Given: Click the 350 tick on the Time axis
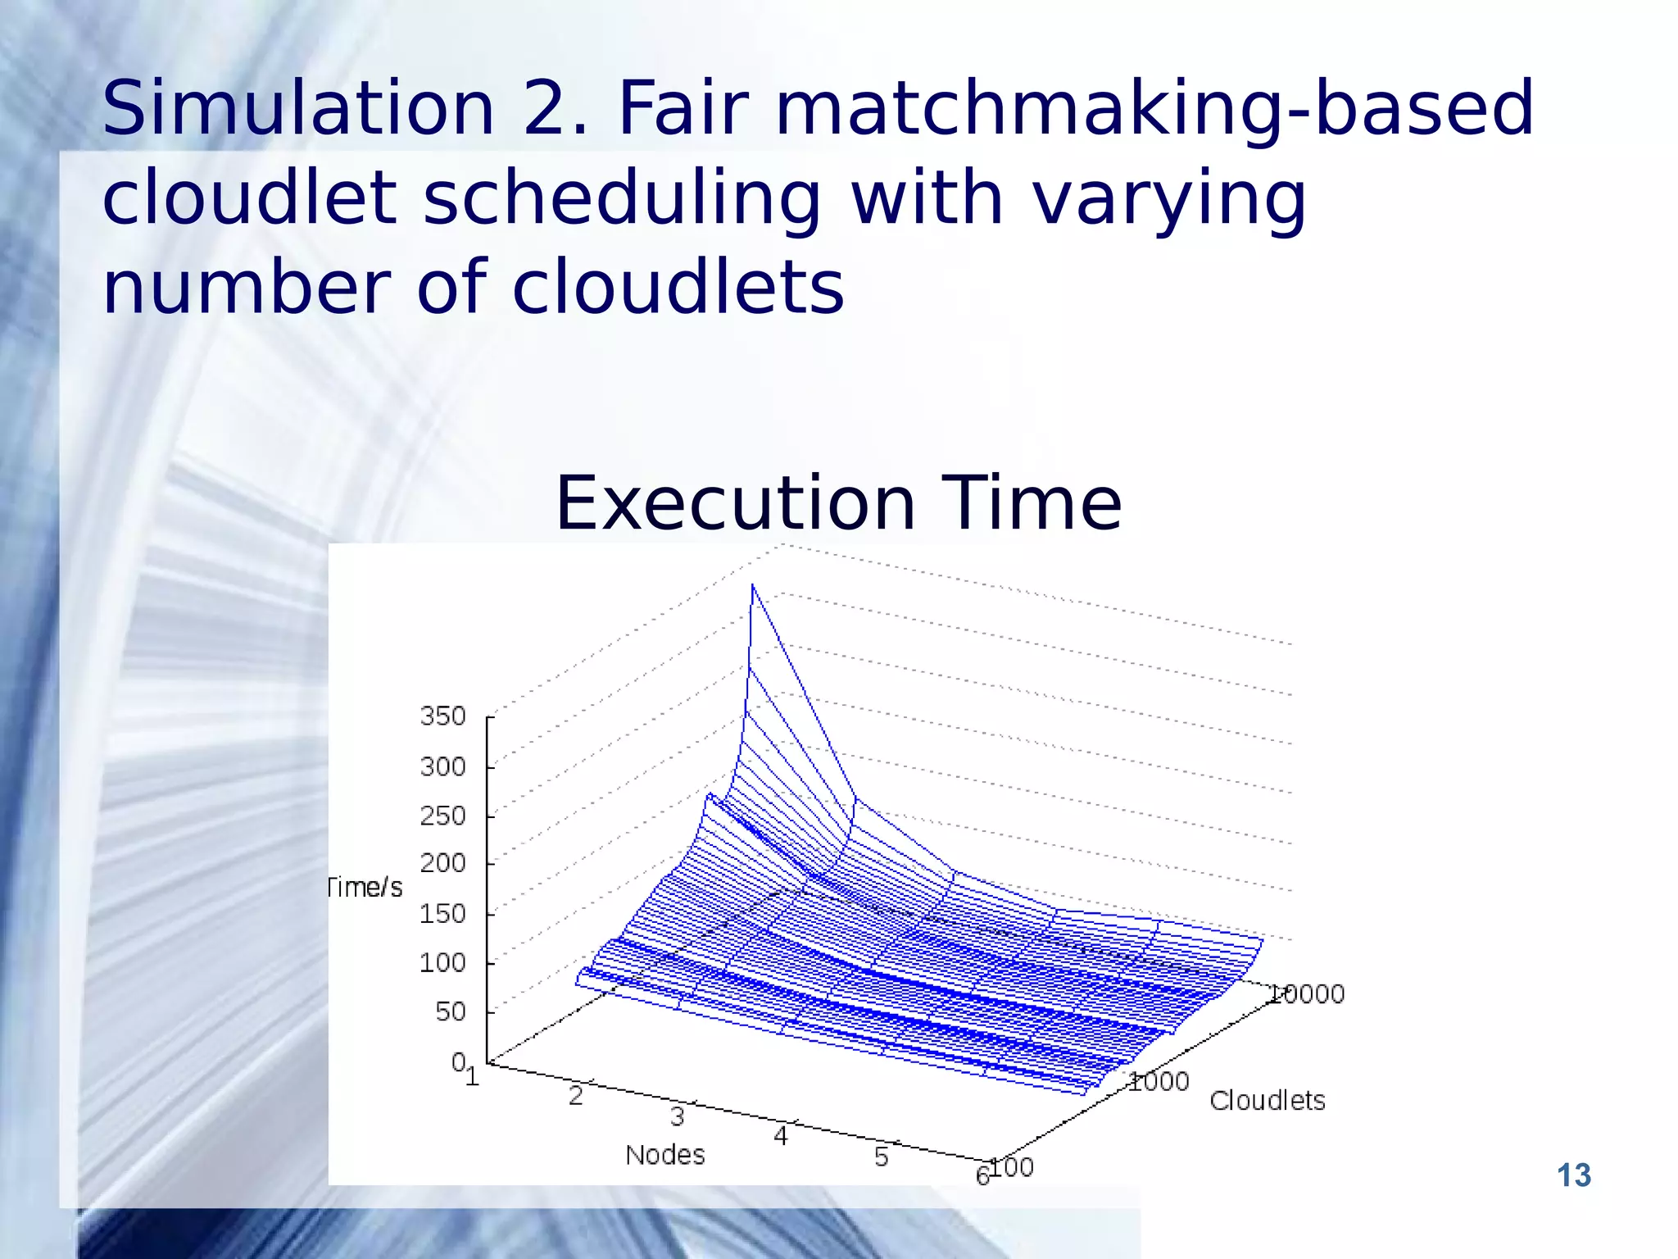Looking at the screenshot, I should [x=442, y=716].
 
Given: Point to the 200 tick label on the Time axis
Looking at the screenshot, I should [x=442, y=863].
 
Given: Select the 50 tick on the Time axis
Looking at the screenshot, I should [x=450, y=1011].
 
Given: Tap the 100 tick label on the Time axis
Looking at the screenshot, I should [x=442, y=962].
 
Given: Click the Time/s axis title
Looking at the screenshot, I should [x=365, y=888].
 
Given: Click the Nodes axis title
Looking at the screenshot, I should [x=664, y=1155].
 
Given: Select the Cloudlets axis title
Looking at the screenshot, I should [x=1267, y=1101].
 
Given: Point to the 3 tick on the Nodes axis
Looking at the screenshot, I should [x=677, y=1116].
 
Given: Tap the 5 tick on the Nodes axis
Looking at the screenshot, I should [x=881, y=1157].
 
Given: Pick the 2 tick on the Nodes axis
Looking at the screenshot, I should [x=575, y=1096].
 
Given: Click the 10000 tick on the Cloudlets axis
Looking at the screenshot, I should [x=1306, y=994].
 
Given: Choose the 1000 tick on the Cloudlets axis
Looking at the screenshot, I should [x=1159, y=1082].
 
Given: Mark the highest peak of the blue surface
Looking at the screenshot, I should [x=752, y=585].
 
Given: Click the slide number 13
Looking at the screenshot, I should [x=1573, y=1175].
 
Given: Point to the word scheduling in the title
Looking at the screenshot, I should [x=621, y=198].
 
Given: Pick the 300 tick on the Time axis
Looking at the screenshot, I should [x=442, y=767].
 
